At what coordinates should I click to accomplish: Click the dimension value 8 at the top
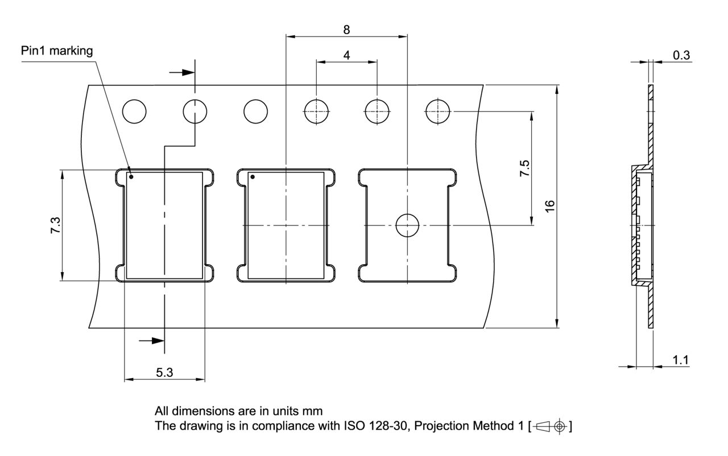click(x=346, y=30)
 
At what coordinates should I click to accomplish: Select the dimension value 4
click(x=347, y=55)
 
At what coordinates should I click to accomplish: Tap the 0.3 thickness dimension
click(x=681, y=55)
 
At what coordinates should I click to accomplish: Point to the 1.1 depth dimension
click(x=680, y=360)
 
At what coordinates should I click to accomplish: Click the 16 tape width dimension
click(x=549, y=206)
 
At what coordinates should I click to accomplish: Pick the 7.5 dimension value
click(x=524, y=168)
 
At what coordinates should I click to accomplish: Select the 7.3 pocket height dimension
click(x=55, y=225)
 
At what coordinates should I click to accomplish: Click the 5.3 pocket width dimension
click(x=164, y=372)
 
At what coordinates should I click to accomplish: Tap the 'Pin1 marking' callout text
click(x=57, y=51)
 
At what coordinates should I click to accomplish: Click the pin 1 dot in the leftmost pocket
click(x=131, y=176)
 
